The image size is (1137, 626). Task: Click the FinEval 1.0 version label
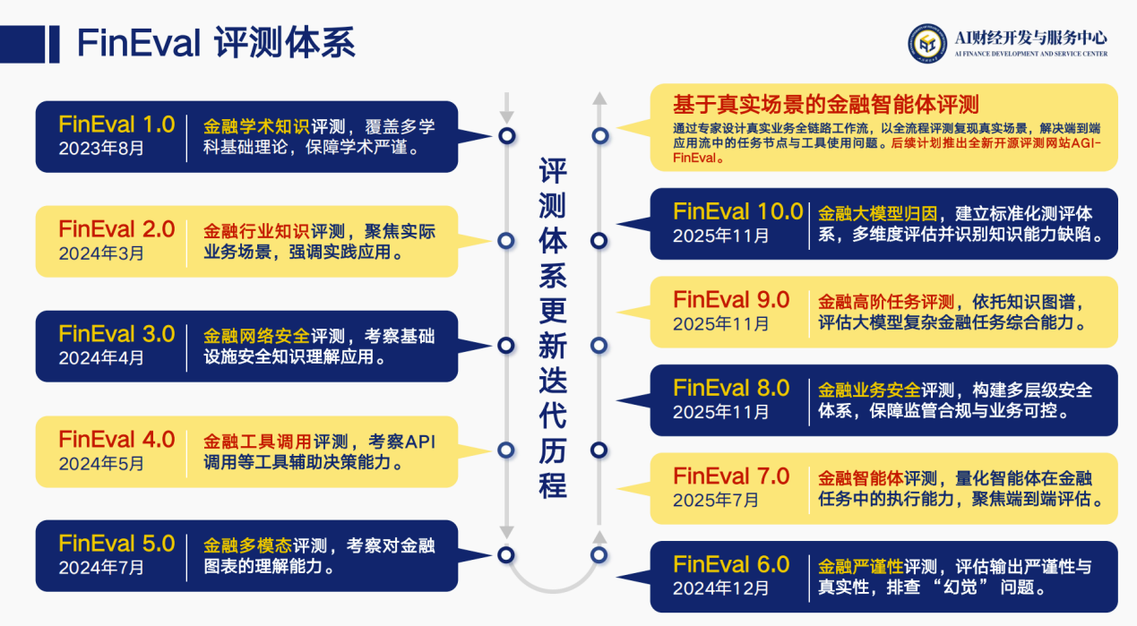tap(116, 124)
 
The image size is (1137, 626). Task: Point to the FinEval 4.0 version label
tap(116, 440)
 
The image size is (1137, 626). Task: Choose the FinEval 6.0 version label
tap(731, 564)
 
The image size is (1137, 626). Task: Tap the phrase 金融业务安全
tap(870, 390)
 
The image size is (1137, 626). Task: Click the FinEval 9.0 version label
tap(731, 299)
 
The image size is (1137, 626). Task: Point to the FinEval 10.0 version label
tap(738, 211)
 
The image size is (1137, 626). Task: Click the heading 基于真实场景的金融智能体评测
tap(825, 102)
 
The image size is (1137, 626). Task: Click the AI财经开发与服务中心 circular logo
tap(927, 42)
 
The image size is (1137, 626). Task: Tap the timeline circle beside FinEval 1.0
tap(507, 135)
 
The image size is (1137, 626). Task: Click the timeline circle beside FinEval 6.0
tap(599, 555)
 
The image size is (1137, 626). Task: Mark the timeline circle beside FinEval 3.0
tap(507, 345)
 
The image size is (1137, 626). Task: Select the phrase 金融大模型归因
tap(878, 214)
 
